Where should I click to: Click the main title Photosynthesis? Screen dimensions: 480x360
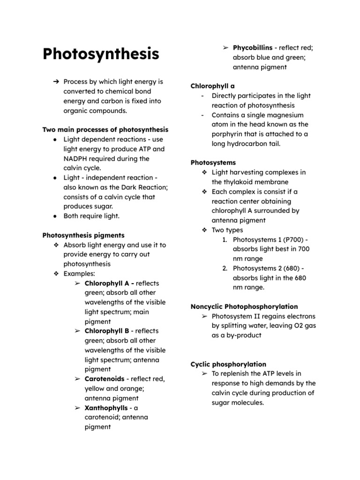click(101, 54)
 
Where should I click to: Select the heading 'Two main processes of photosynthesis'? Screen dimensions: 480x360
click(105, 129)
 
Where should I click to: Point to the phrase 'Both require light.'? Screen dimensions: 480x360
click(91, 216)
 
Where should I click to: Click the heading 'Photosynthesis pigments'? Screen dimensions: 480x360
click(83, 235)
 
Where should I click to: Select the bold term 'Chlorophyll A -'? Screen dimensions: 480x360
click(109, 283)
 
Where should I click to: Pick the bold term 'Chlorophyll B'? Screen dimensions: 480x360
click(107, 331)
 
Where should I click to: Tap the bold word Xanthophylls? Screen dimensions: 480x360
click(106, 408)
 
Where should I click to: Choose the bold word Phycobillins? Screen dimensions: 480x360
click(253, 48)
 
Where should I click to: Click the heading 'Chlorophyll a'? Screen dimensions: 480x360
click(213, 86)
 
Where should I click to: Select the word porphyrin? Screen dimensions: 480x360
click(228, 134)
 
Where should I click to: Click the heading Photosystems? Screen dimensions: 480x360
click(213, 163)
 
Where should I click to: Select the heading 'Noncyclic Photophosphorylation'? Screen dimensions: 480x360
click(244, 307)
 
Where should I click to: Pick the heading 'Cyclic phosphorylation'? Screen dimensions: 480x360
click(228, 364)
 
